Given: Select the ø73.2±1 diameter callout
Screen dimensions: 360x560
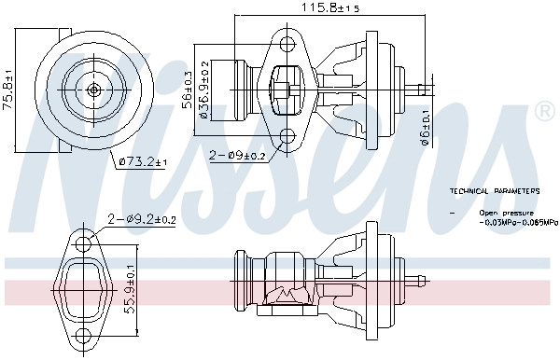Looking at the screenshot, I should pyautogui.click(x=143, y=162).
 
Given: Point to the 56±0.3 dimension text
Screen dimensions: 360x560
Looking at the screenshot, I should pyautogui.click(x=186, y=90).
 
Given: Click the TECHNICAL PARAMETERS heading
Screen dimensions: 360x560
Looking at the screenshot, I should pyautogui.click(x=494, y=190).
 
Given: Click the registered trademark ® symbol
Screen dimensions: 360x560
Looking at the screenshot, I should pyautogui.click(x=544, y=113).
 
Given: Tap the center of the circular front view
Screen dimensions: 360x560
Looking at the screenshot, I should pyautogui.click(x=95, y=90).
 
